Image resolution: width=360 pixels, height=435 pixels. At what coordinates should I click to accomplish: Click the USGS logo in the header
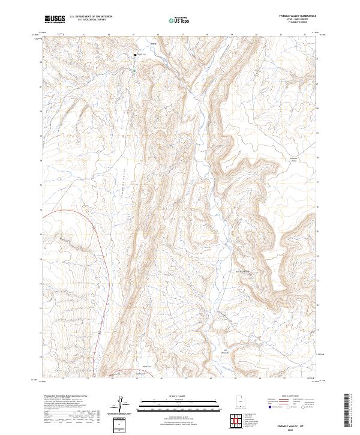coord(55,20)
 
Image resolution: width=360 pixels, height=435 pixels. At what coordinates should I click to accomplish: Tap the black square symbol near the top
coord(135,56)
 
